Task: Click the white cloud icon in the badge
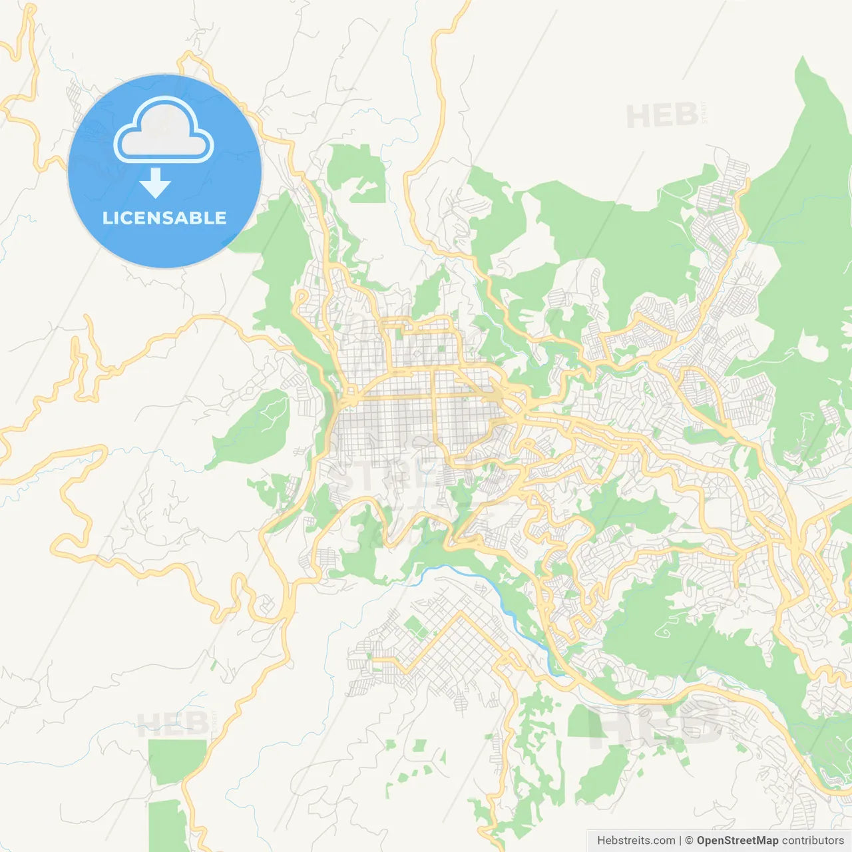point(164,130)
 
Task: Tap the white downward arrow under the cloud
point(155,183)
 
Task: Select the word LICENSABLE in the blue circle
point(164,218)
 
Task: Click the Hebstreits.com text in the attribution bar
point(636,841)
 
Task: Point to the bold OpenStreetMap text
point(737,841)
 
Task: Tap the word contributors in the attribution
point(813,841)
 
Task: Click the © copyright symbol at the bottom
point(689,841)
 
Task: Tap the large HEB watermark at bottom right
point(659,726)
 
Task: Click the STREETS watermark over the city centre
point(386,476)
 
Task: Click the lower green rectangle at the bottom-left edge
point(166,825)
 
